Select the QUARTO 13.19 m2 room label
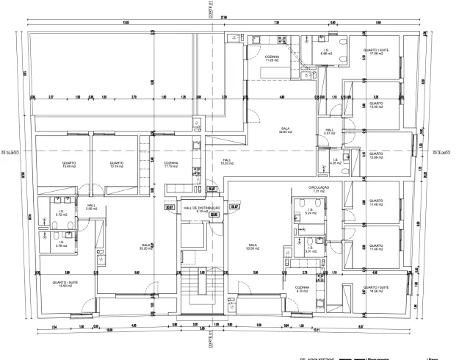pyautogui.click(x=115, y=165)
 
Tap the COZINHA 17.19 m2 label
pyautogui.click(x=171, y=165)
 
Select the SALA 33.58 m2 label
pyautogui.click(x=253, y=248)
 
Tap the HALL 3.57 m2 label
pyautogui.click(x=329, y=132)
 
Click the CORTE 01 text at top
pyautogui.click(x=210, y=10)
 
